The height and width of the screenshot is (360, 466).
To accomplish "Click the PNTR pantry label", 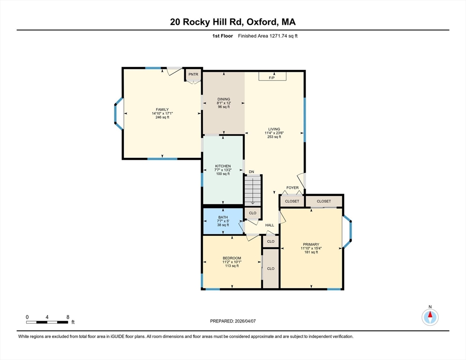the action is (x=193, y=75).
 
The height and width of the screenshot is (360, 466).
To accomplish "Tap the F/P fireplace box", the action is (x=272, y=76).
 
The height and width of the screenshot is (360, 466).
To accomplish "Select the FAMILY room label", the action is (x=162, y=110).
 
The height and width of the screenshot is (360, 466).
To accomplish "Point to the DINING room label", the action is (x=224, y=99).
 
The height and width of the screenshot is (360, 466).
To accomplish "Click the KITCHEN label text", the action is (x=223, y=166).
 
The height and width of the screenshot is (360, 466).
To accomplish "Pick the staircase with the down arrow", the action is (x=253, y=191).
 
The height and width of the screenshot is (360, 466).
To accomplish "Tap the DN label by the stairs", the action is (x=251, y=172).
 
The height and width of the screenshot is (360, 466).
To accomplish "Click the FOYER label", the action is (x=293, y=187).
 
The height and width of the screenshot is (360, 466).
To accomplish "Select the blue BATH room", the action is (x=223, y=221).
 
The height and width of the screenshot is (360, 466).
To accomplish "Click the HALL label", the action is (x=270, y=225).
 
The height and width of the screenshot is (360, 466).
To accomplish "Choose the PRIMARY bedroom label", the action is (x=311, y=244).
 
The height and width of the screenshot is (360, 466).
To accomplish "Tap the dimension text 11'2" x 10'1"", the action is (x=232, y=262).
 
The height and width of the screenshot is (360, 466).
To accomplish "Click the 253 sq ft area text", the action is (x=274, y=137).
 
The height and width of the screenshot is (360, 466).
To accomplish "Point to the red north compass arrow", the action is (x=430, y=315).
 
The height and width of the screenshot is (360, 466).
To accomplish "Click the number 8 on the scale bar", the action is (x=68, y=317).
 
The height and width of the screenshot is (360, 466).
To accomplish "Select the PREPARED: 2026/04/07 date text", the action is (x=233, y=321).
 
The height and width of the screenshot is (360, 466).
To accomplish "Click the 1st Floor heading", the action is (x=222, y=36).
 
